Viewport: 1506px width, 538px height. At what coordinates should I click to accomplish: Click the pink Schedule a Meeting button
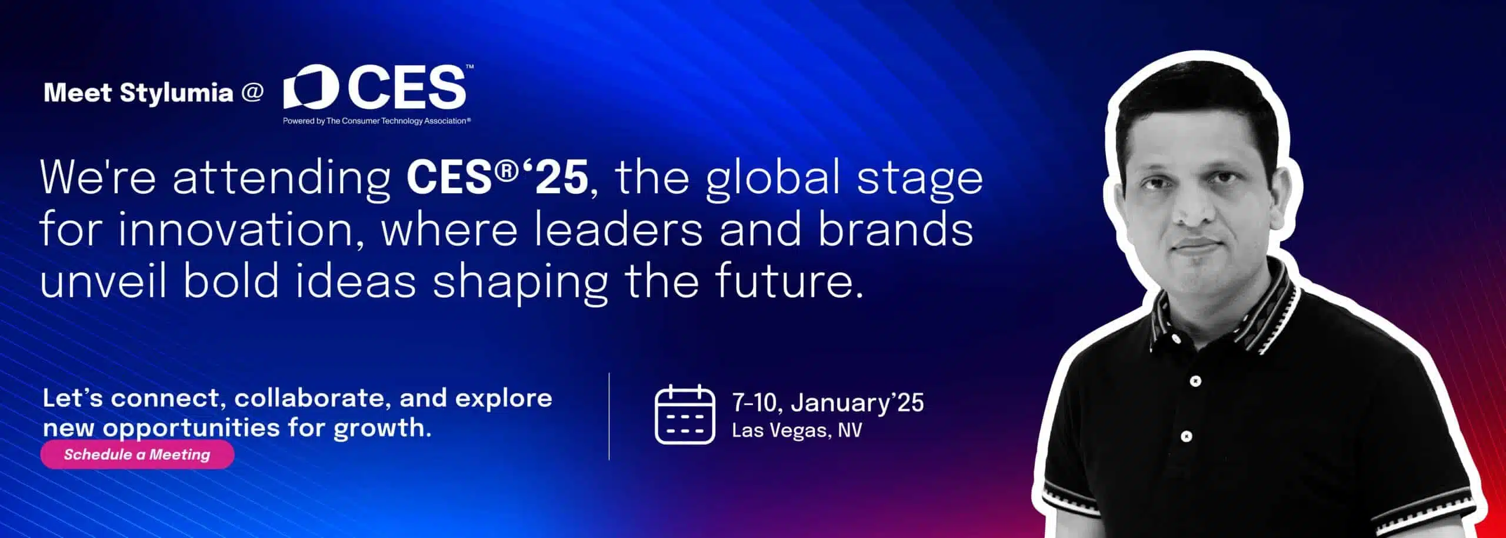[137, 454]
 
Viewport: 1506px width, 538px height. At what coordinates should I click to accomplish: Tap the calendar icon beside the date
[685, 414]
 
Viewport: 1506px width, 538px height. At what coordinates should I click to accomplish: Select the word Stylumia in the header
[176, 93]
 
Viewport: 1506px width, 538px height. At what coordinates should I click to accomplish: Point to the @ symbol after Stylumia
[252, 92]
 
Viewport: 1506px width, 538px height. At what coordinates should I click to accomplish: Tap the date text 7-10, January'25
[828, 403]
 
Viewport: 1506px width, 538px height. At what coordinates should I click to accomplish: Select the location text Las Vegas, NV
[797, 430]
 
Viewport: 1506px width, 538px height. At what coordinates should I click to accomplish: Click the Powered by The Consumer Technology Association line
[376, 121]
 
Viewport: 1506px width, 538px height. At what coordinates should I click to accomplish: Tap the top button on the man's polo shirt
[1195, 381]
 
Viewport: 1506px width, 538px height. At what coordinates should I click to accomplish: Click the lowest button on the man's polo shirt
[1187, 437]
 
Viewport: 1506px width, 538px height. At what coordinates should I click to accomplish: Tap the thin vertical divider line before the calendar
[609, 416]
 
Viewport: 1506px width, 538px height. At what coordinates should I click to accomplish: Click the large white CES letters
[406, 87]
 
